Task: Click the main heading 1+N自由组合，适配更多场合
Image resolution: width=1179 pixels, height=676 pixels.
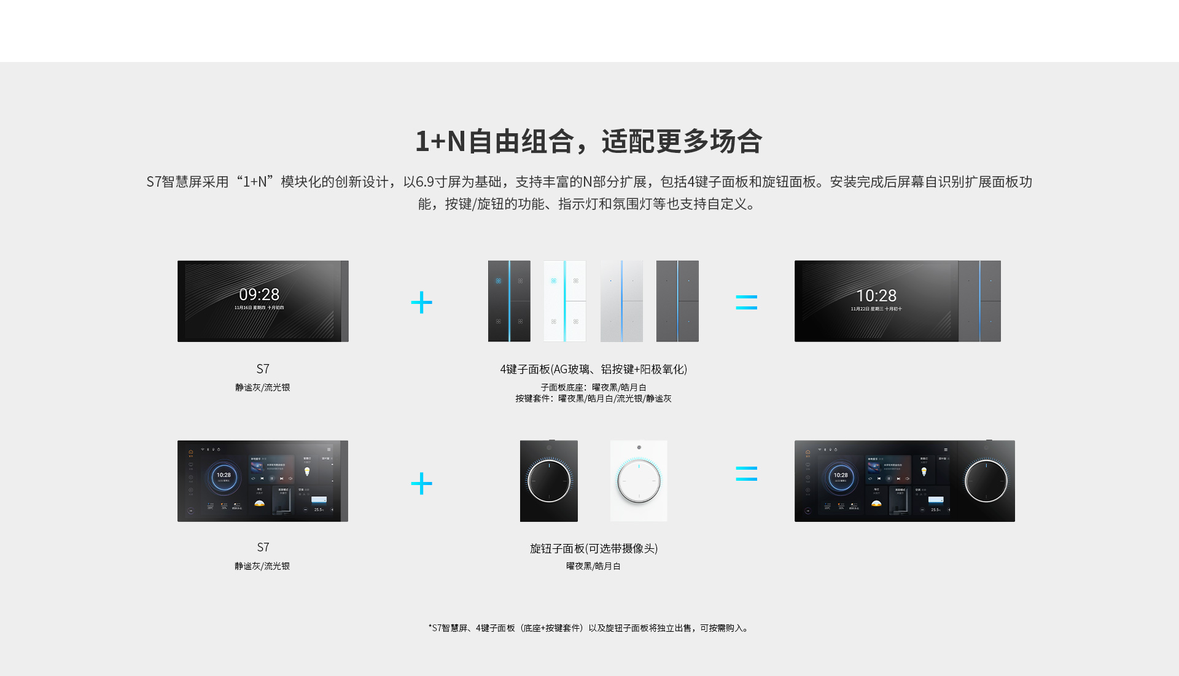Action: pos(588,141)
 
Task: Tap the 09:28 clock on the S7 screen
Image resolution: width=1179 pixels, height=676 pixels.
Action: pos(259,295)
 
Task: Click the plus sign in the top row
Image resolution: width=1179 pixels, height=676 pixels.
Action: pos(421,302)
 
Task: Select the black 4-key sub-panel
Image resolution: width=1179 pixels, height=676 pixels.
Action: pos(509,301)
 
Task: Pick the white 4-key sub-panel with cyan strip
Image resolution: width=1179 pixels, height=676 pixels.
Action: pos(564,301)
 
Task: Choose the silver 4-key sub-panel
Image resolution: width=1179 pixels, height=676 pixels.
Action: pos(621,301)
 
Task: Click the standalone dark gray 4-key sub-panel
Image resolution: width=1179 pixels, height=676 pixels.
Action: pos(677,301)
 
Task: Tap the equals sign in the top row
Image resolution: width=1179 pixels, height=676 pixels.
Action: pos(746,302)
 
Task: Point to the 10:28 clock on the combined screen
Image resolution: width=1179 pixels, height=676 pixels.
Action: pos(876,296)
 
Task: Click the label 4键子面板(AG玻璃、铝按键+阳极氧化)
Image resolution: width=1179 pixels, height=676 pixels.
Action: pos(593,369)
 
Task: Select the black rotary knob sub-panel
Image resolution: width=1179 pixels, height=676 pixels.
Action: pos(548,481)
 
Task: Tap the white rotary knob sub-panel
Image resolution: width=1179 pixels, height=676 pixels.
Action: pos(639,481)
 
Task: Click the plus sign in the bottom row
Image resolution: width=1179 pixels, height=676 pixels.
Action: pos(421,483)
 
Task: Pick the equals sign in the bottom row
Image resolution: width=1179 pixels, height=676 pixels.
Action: pos(746,473)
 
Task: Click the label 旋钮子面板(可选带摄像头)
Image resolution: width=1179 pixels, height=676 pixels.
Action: pos(593,548)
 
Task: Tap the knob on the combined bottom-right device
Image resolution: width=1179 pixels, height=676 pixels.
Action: pos(986,481)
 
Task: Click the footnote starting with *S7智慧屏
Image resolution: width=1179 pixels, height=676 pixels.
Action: pos(588,628)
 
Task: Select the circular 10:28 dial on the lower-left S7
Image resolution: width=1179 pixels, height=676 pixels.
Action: pos(224,476)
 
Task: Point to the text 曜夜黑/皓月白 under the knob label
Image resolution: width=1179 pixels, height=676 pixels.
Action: pos(593,566)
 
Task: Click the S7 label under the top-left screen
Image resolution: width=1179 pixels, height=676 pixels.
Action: pos(263,369)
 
